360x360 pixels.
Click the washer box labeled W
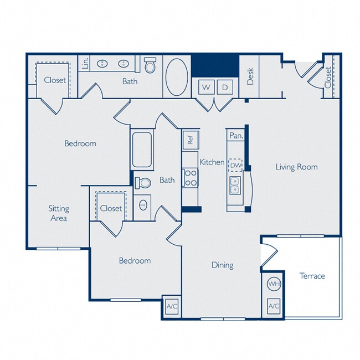206,87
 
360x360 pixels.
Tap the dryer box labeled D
225,87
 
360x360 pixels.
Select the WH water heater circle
273,284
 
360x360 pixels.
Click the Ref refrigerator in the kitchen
190,139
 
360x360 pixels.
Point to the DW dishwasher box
236,164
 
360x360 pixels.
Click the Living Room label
296,167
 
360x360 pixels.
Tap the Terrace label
312,276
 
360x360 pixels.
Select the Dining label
222,265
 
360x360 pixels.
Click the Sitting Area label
59,213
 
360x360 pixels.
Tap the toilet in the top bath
150,66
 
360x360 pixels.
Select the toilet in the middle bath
143,182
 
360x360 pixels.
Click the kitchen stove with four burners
191,178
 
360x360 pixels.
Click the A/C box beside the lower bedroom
171,306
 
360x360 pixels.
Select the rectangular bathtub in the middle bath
142,149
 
